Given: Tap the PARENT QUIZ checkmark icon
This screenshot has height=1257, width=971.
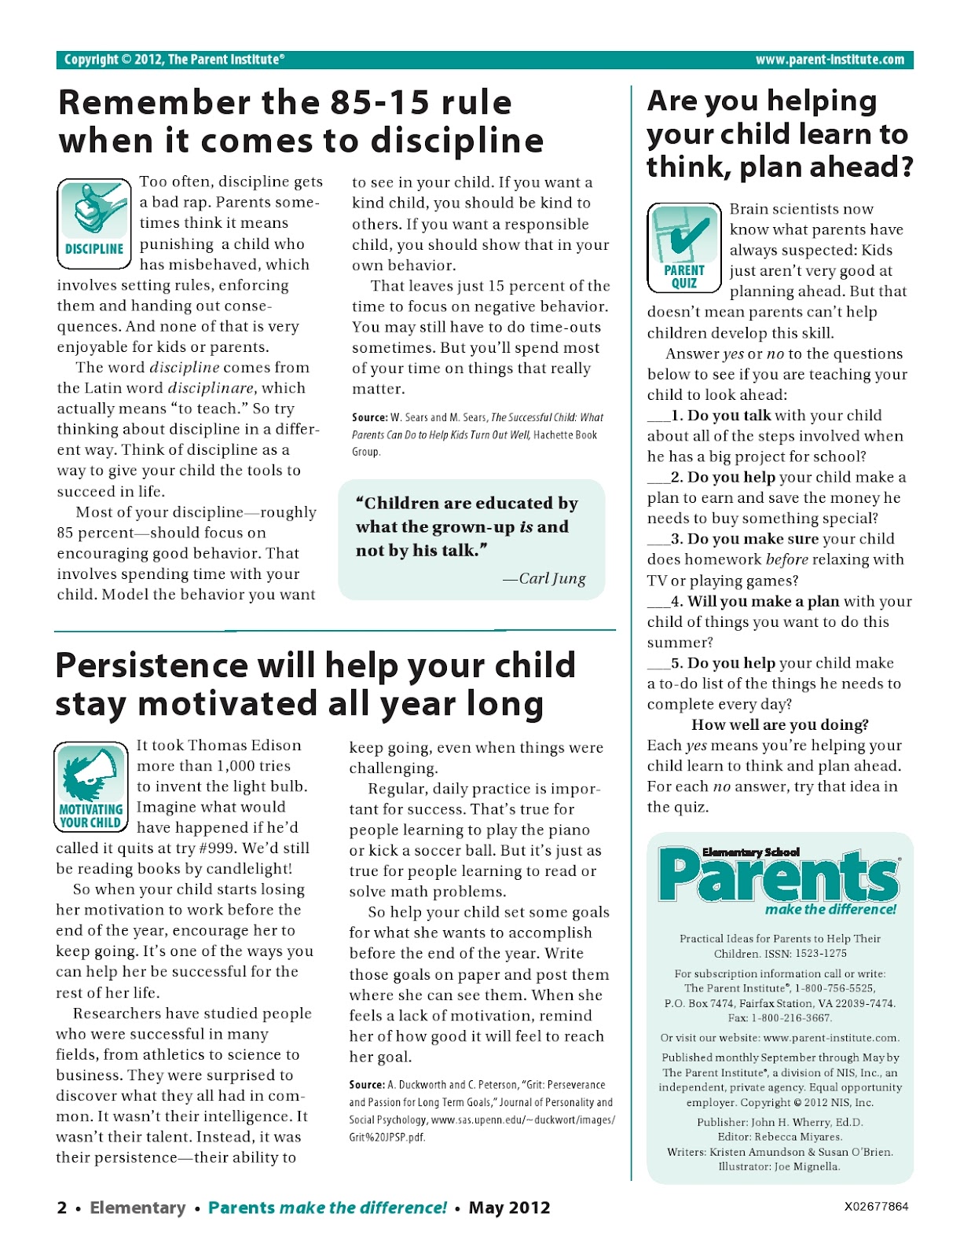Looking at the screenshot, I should (683, 247).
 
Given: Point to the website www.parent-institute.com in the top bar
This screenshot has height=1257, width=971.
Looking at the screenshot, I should (829, 60).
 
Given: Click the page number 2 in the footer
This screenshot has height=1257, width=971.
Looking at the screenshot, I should (62, 1208).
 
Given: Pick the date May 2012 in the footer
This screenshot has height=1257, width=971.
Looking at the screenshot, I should (509, 1208).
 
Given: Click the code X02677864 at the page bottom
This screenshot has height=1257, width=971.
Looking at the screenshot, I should (876, 1207).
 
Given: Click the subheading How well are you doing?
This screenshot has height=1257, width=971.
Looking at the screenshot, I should (779, 724).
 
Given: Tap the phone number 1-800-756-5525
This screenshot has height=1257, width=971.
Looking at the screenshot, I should (834, 988).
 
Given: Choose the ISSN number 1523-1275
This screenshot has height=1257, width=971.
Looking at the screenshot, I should (819, 954).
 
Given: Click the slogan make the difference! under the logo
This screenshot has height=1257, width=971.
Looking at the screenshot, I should (830, 910).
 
